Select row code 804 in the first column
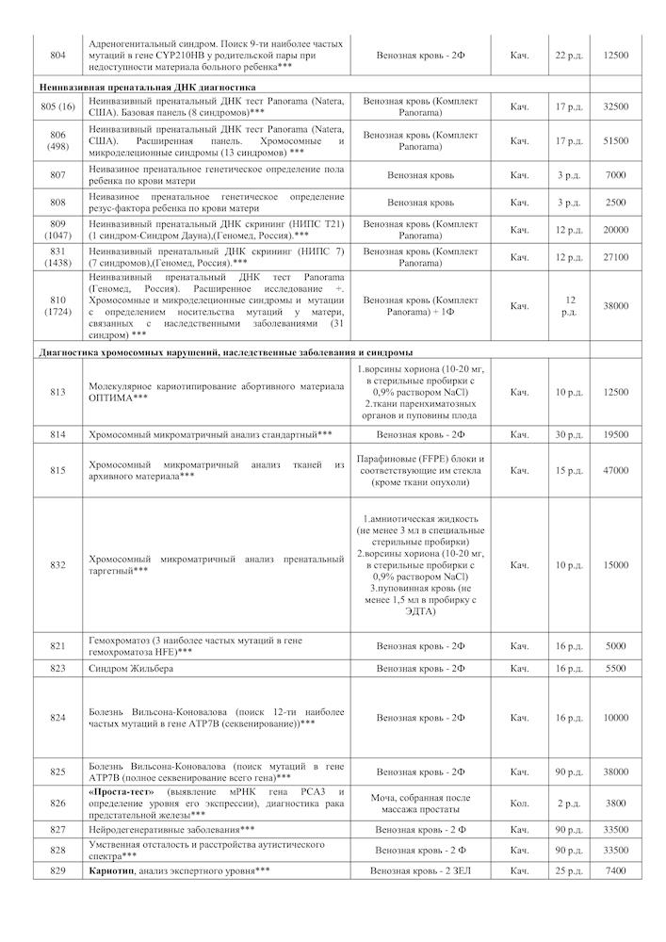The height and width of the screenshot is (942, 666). coord(57,56)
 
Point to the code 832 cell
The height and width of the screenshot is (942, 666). coord(57,565)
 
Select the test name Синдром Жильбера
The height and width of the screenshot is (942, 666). coord(131,668)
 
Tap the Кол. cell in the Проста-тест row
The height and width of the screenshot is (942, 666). coord(519,804)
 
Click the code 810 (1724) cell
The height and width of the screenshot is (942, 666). coord(57,305)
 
